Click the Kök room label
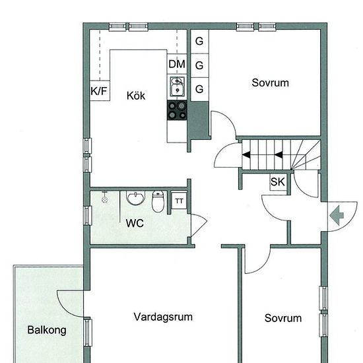pos(136,96)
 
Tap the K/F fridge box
pos(100,90)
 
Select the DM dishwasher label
pos(177,64)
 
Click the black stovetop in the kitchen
pos(177,110)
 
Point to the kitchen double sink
pos(178,86)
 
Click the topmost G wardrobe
pos(199,42)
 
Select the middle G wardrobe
pos(199,65)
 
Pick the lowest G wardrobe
pos(199,89)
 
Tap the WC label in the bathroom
pos(135,223)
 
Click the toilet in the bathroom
pos(158,201)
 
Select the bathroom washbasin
pos(136,198)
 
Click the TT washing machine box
pos(179,200)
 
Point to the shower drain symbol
pos(105,199)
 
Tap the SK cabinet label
pos(278,182)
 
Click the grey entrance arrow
pos(337,216)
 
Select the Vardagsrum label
pos(163,317)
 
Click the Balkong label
pos(47,330)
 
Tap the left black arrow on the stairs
pos(246,154)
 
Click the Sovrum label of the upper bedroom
pos(270,83)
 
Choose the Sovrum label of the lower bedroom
pos(283,318)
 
